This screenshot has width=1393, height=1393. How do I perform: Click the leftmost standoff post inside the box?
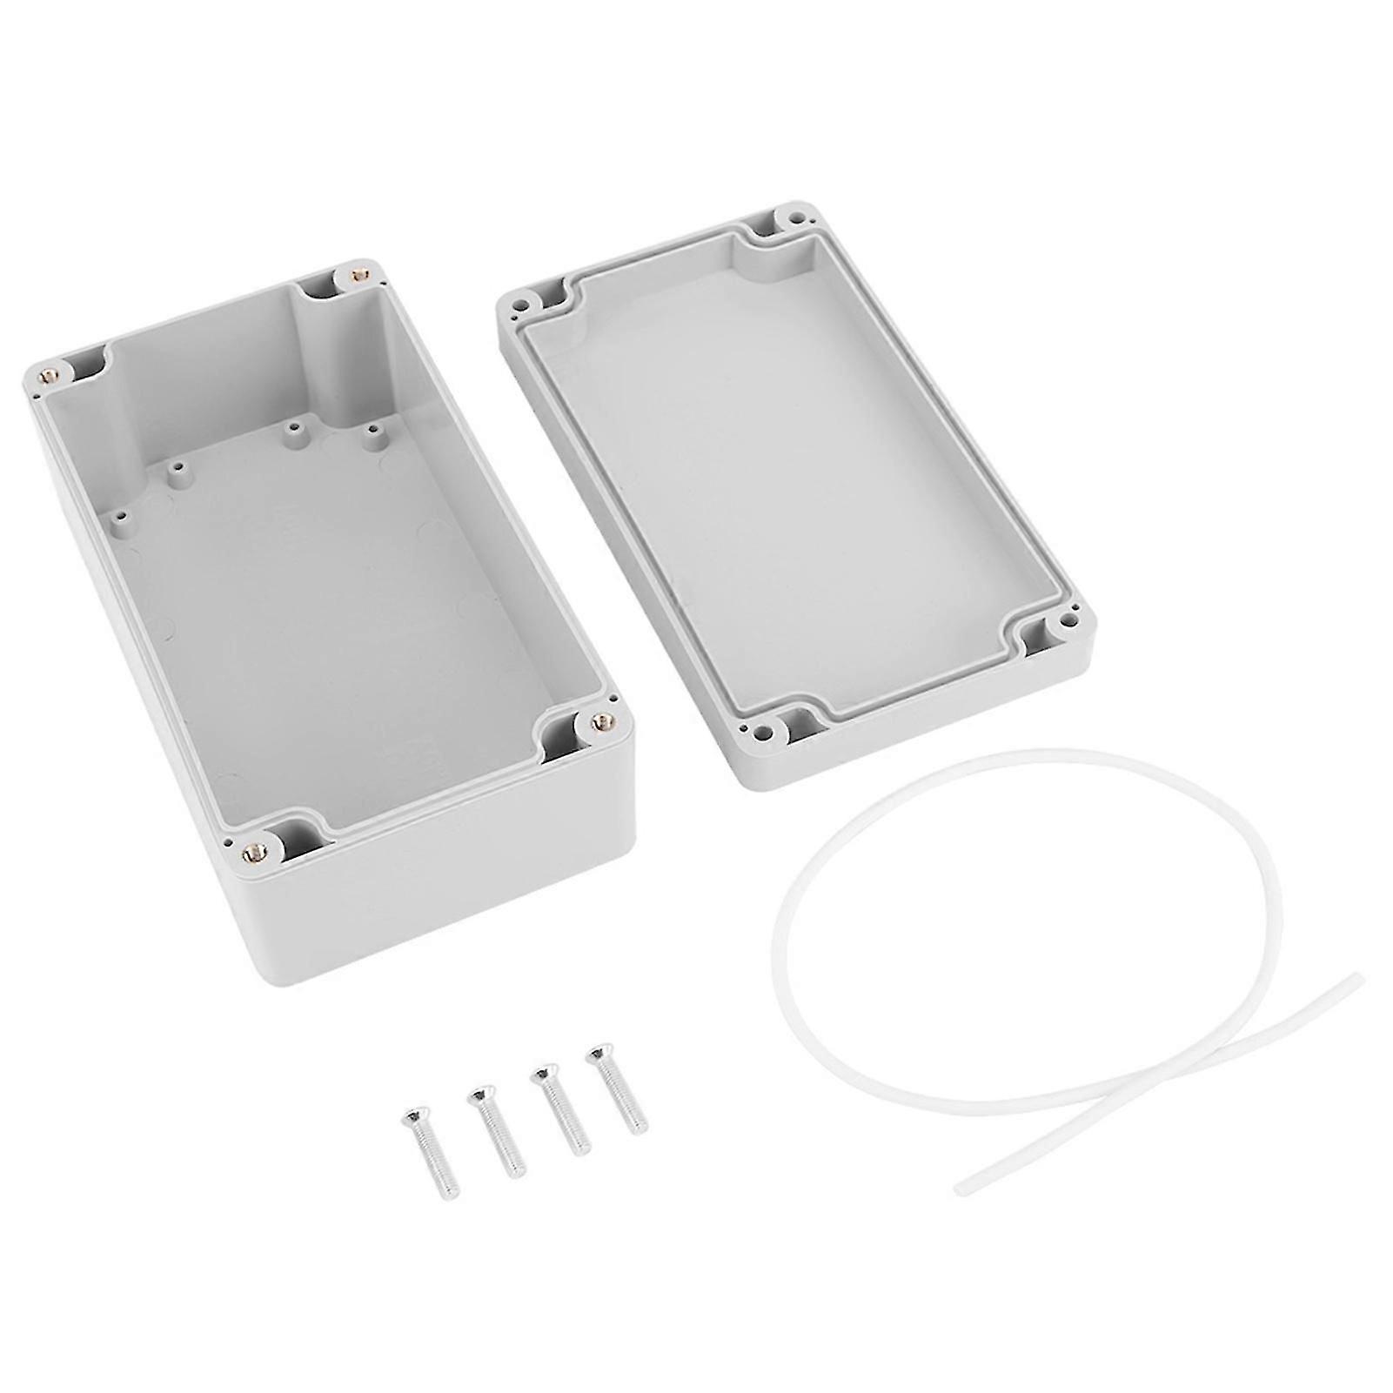pyautogui.click(x=119, y=517)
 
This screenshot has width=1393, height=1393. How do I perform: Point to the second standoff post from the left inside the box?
pyautogui.click(x=177, y=470)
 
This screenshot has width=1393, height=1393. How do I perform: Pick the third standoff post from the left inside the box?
pyautogui.click(x=294, y=427)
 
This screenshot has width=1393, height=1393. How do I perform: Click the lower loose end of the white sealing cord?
pyautogui.click(x=961, y=1187)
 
